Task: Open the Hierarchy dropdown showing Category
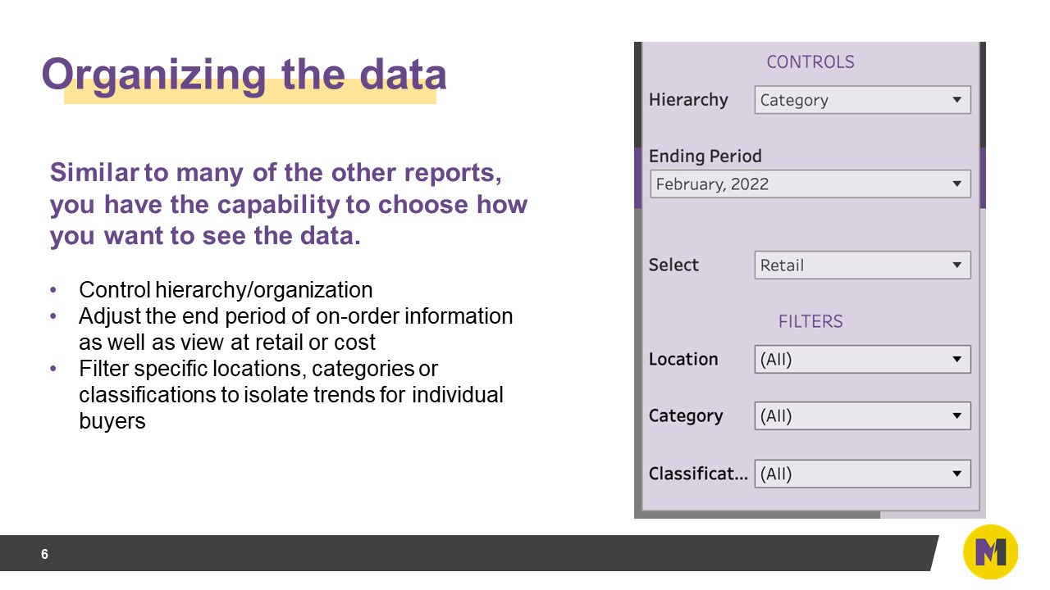point(861,100)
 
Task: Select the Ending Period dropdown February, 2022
point(809,184)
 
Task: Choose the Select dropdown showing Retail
point(861,265)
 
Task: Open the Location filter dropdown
point(861,359)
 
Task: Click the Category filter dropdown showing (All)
point(861,415)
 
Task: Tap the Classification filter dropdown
point(861,474)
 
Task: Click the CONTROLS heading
point(810,61)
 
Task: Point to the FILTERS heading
point(810,322)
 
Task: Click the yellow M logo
point(990,552)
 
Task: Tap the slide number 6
point(44,555)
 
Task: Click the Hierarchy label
point(688,100)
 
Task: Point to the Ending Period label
point(705,156)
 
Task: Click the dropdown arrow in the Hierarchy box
point(956,100)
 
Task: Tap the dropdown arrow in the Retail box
point(956,265)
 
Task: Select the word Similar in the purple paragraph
point(94,174)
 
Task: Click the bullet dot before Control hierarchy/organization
point(54,290)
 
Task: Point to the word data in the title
point(403,75)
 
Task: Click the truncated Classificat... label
point(697,474)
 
